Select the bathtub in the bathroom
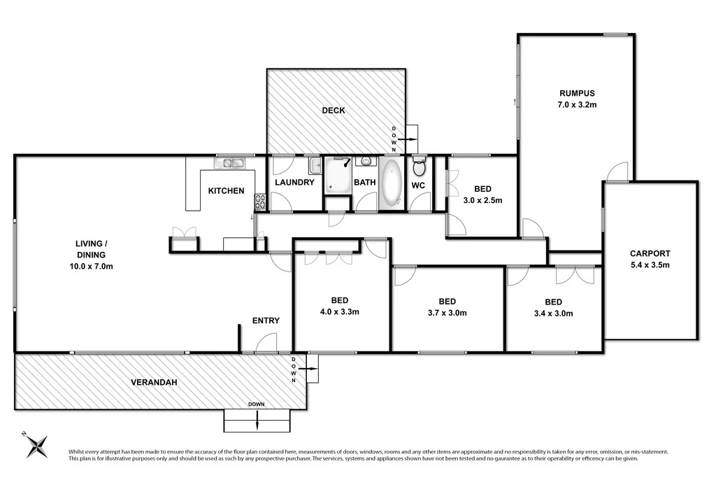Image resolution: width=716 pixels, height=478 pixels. [x=391, y=183]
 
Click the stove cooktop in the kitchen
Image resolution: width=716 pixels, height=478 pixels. [x=259, y=202]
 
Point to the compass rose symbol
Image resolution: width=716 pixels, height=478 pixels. [x=36, y=445]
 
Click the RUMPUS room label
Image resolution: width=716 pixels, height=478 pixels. [x=576, y=94]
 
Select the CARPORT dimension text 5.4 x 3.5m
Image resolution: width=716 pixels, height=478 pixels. [x=650, y=265]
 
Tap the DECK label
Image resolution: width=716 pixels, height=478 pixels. [x=334, y=111]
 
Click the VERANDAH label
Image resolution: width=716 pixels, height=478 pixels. [x=153, y=383]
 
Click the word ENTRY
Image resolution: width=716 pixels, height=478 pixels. [x=266, y=321]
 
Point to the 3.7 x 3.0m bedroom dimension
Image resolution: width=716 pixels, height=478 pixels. [x=447, y=313]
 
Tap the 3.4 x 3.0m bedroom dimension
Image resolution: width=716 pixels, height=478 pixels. [x=553, y=314]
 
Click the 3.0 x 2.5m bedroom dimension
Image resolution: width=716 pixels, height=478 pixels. [x=483, y=200]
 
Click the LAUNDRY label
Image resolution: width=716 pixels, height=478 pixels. [x=294, y=183]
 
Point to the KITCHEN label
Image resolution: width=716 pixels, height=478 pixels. [x=226, y=190]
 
